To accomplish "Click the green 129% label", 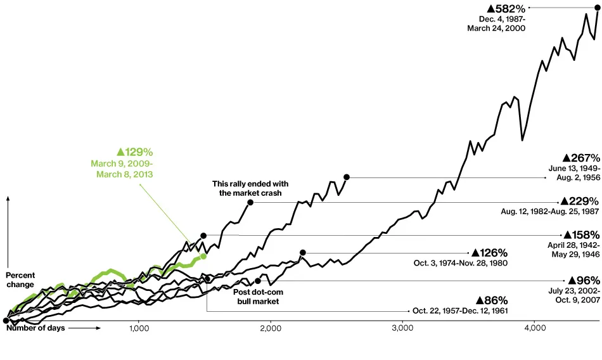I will click(x=134, y=152).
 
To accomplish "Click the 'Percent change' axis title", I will click(x=20, y=280).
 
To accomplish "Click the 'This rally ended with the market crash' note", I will click(x=247, y=188).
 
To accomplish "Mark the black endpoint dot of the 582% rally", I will click(x=598, y=7).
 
